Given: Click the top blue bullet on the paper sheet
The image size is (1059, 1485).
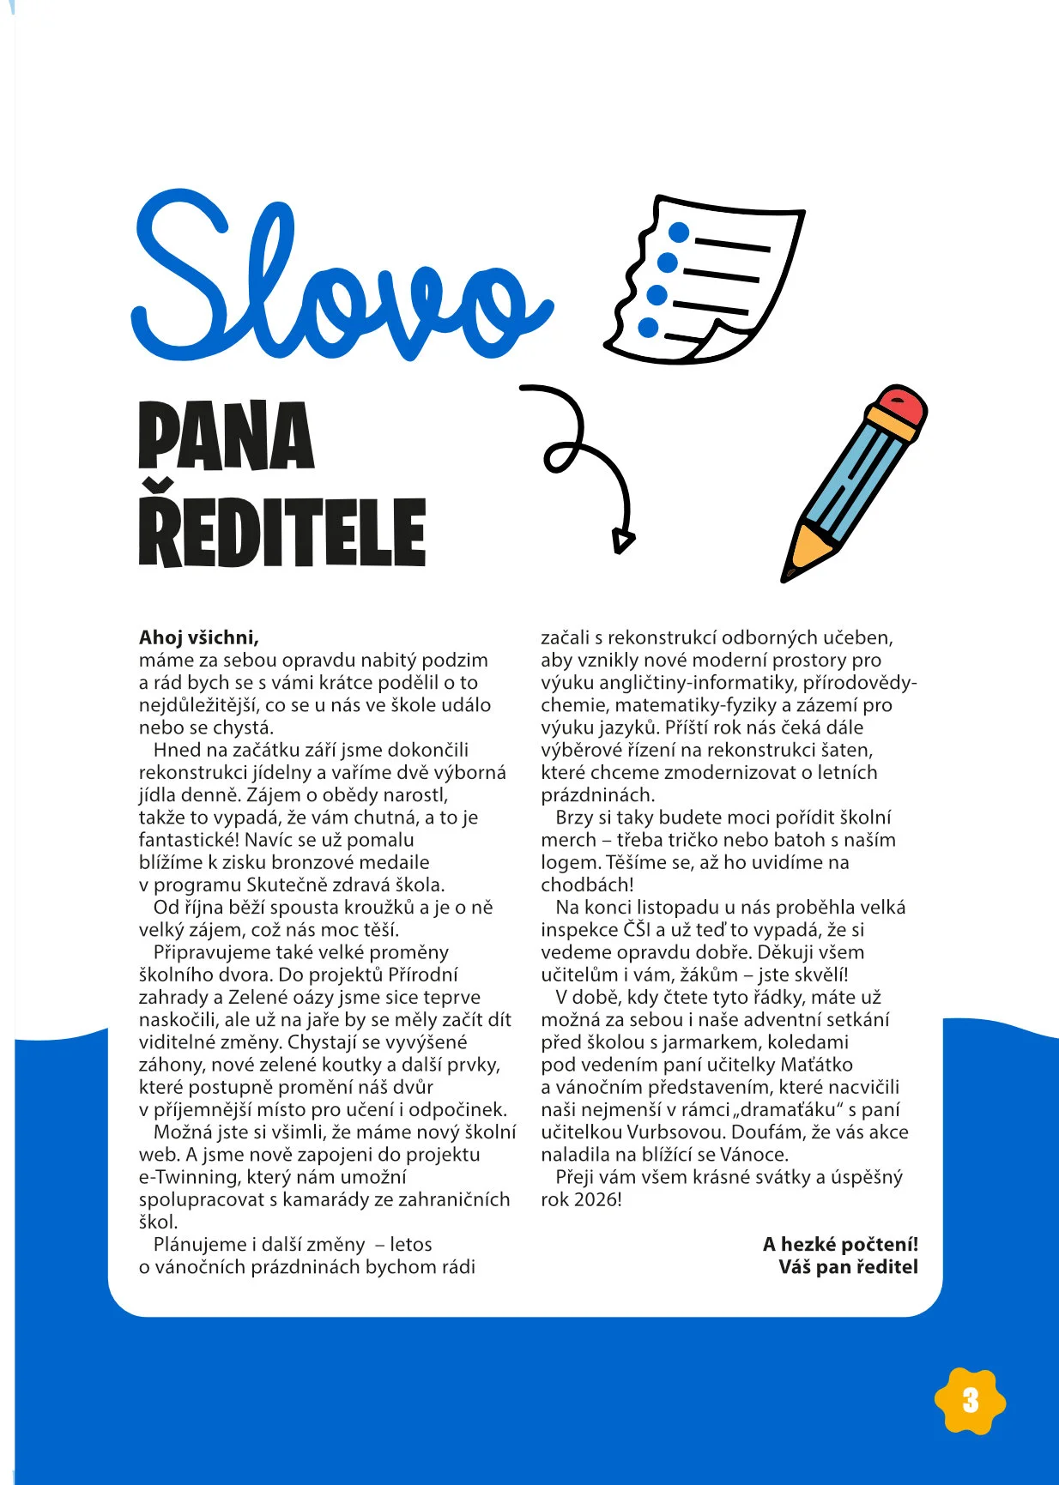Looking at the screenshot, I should click(679, 232).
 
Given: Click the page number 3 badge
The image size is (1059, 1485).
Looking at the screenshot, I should click(970, 1401).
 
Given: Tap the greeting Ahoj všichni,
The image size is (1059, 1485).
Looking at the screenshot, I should click(199, 637).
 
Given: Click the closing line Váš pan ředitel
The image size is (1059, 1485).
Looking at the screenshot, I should click(848, 1267).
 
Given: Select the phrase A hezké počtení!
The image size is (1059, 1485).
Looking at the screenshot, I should click(840, 1244).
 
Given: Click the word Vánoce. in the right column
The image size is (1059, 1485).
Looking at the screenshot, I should click(753, 1155).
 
